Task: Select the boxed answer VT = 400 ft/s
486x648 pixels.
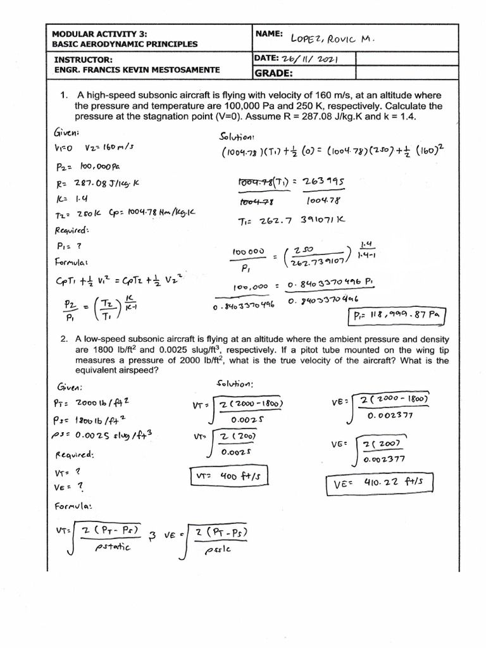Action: pyautogui.click(x=223, y=477)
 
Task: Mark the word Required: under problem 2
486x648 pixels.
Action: pyautogui.click(x=74, y=454)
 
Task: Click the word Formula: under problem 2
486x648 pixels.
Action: pyautogui.click(x=74, y=506)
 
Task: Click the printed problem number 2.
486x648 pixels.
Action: pyautogui.click(x=64, y=339)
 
